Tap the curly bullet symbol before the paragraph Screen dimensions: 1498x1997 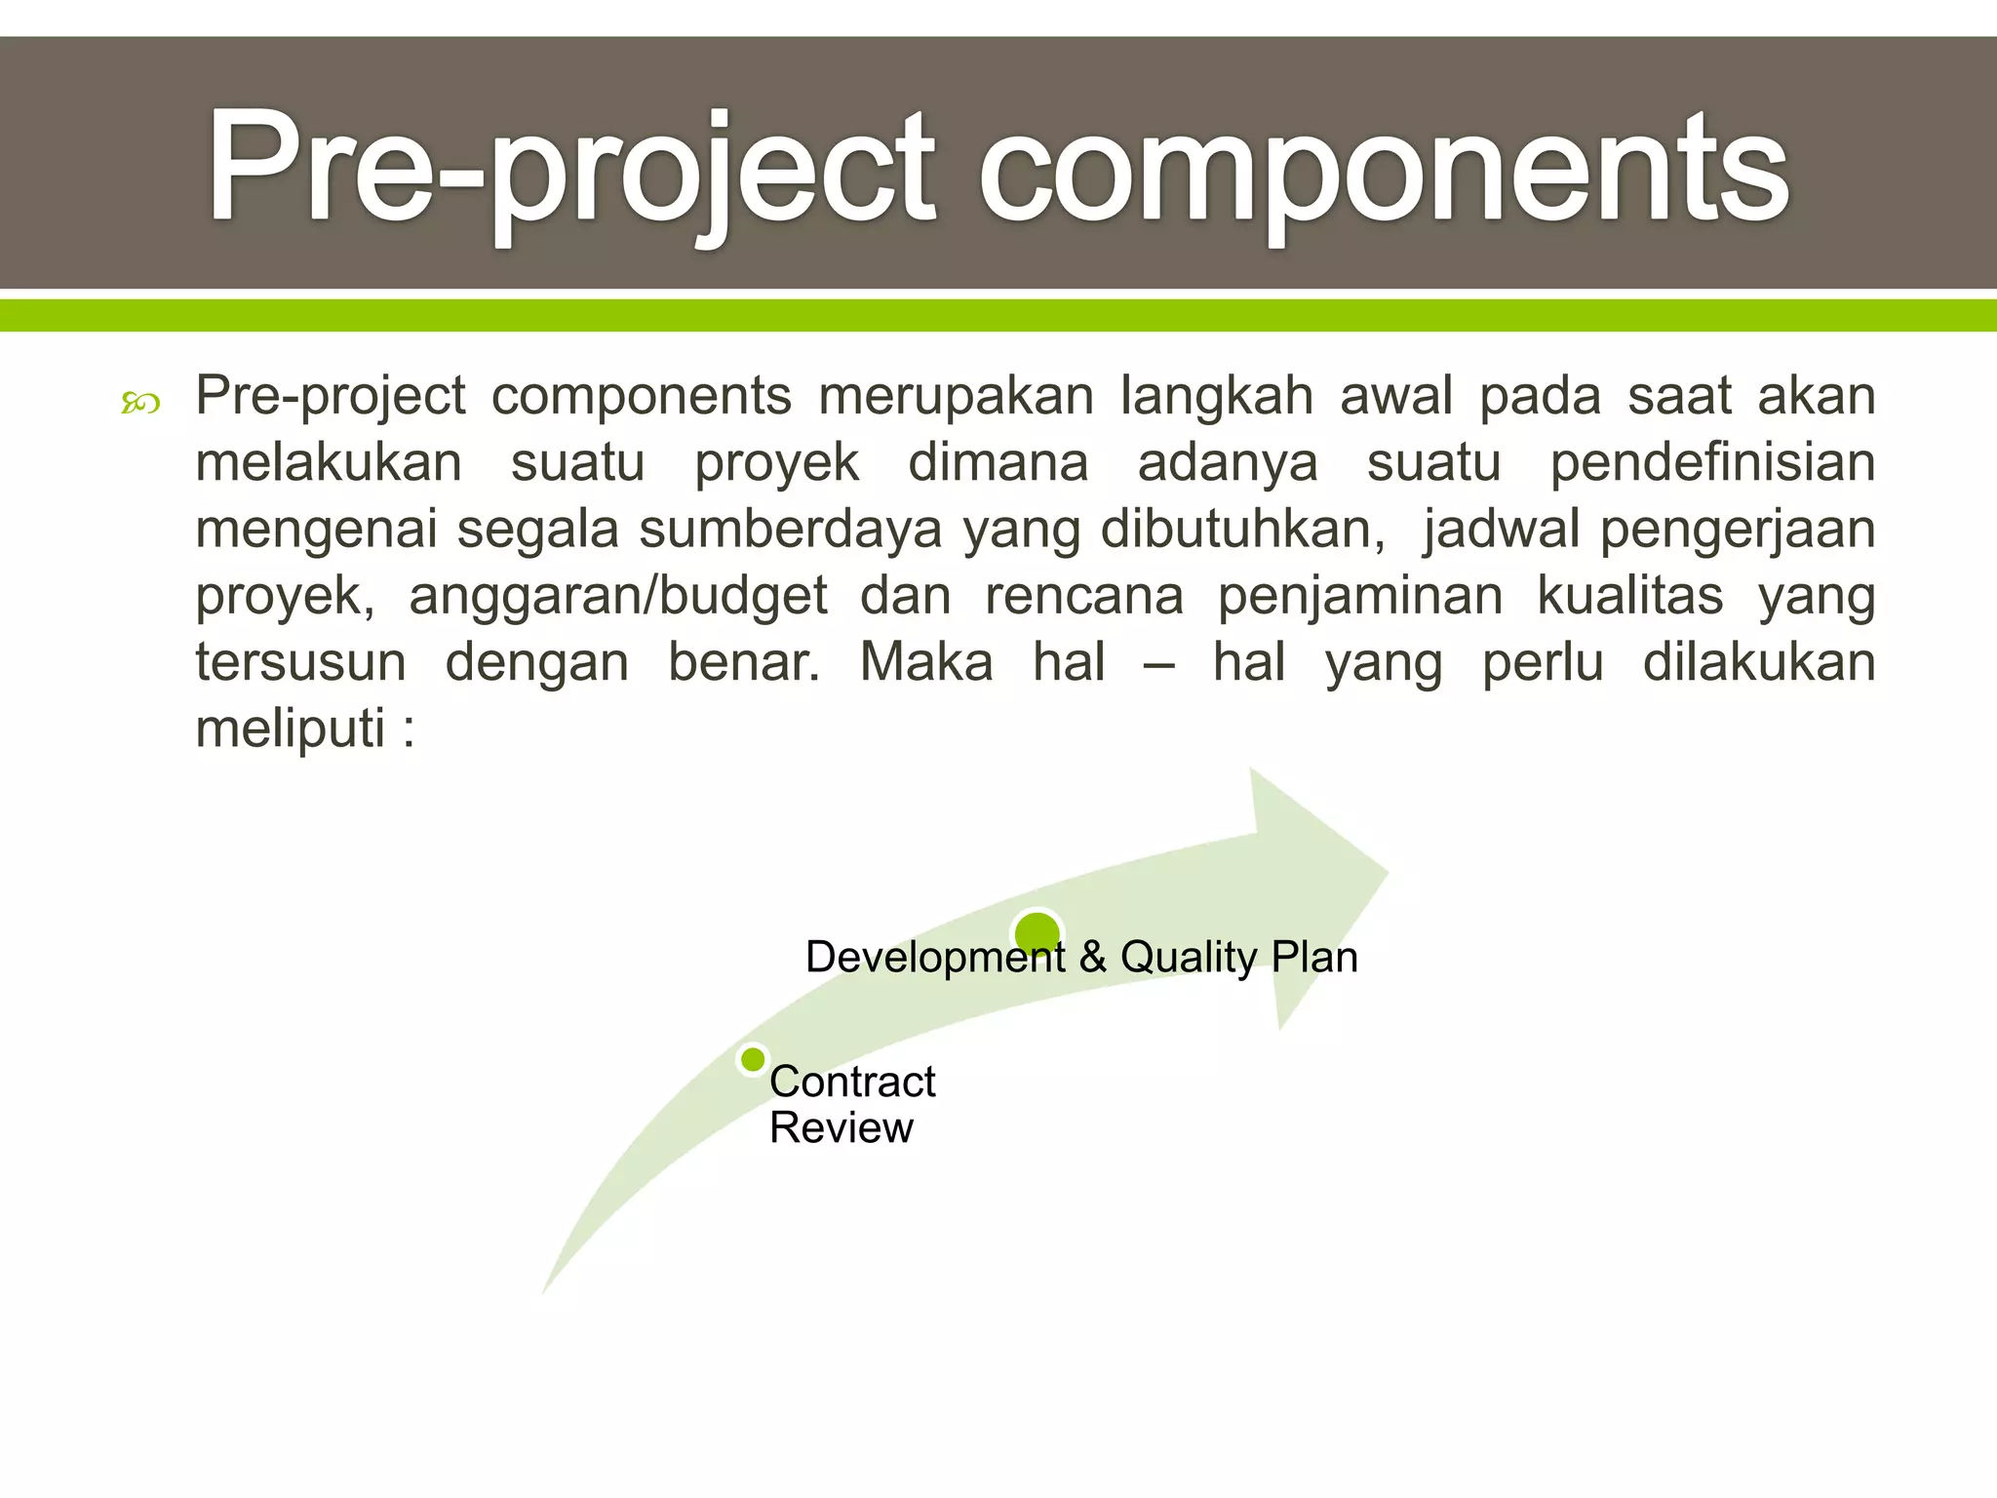click(x=140, y=402)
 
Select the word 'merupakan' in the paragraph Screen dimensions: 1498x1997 click(x=956, y=397)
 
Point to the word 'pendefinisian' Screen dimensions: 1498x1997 click(x=1712, y=463)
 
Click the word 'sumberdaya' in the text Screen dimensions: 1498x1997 click(x=790, y=530)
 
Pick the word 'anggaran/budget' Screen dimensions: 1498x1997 click(x=617, y=596)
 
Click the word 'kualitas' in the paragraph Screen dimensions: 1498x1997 click(x=1629, y=596)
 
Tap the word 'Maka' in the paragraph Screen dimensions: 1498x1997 click(x=926, y=662)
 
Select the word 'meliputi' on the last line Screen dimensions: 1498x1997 click(x=291, y=729)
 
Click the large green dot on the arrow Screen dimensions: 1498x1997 click(x=1038, y=933)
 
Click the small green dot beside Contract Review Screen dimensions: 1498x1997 click(x=753, y=1059)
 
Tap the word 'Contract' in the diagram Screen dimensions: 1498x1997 click(x=852, y=1082)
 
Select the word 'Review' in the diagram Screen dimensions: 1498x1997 click(x=841, y=1128)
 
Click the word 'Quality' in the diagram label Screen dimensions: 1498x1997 click(x=1189, y=958)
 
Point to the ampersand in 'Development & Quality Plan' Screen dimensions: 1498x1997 click(x=1093, y=958)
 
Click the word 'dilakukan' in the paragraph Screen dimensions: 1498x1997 click(x=1759, y=662)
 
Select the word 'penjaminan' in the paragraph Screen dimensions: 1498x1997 click(x=1359, y=596)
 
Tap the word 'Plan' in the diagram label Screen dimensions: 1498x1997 click(x=1314, y=958)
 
